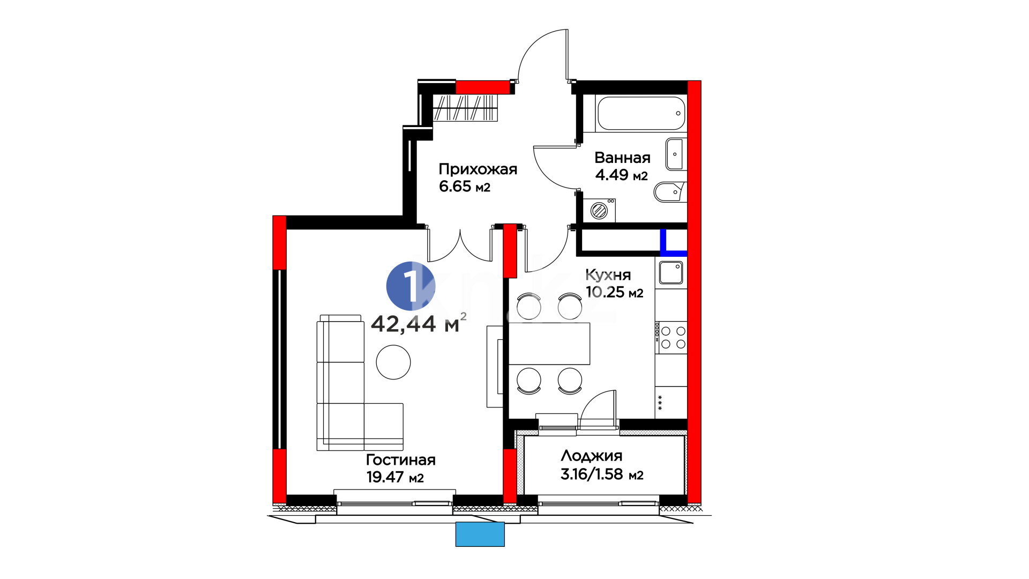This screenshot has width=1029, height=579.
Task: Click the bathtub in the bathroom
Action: (x=641, y=113)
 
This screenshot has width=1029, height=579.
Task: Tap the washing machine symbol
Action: (x=599, y=210)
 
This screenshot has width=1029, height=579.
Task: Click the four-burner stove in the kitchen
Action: (x=671, y=338)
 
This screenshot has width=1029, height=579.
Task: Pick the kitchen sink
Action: (x=671, y=272)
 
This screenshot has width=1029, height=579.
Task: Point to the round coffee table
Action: (x=393, y=362)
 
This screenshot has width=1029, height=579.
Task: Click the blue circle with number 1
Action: (x=411, y=286)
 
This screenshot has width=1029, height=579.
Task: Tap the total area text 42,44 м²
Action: (x=419, y=323)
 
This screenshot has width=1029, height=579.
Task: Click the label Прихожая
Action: (x=478, y=169)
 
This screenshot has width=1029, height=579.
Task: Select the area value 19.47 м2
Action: (x=395, y=477)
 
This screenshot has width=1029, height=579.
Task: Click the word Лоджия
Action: (x=592, y=456)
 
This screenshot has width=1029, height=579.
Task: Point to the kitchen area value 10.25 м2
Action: (x=614, y=292)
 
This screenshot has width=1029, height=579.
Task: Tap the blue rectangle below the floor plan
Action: (x=480, y=535)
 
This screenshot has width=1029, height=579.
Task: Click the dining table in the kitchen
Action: (x=549, y=344)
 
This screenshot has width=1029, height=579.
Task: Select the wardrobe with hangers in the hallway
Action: (x=465, y=108)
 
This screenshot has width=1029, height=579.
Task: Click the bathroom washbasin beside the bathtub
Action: (x=675, y=154)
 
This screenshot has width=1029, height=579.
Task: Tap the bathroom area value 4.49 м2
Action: (x=622, y=175)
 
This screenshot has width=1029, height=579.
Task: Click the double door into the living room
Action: (x=460, y=244)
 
